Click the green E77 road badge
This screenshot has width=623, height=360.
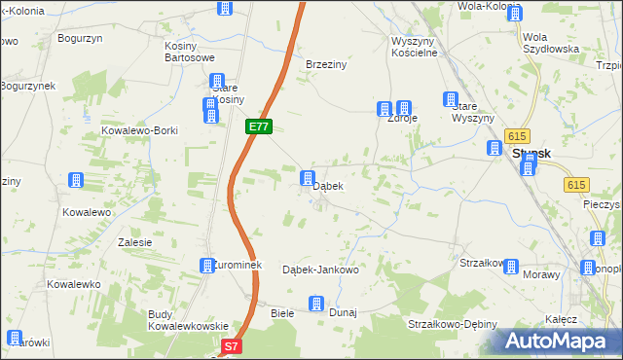258,127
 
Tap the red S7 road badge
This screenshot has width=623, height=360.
231,345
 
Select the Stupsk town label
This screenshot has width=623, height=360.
532,153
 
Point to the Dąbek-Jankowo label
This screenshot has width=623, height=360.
320,270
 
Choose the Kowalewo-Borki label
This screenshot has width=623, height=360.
139,129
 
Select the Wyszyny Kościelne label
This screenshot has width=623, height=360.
418,47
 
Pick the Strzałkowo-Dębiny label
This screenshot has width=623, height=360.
453,324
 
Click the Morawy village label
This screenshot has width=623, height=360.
540,275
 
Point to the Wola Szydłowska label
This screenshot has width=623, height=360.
551,42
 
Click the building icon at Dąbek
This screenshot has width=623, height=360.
308,178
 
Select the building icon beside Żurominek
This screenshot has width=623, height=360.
206,265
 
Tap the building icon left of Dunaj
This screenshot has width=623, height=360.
315,305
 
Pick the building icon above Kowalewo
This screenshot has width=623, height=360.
75,180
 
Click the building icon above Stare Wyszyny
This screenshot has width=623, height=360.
451,99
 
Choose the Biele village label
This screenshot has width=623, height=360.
282,313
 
